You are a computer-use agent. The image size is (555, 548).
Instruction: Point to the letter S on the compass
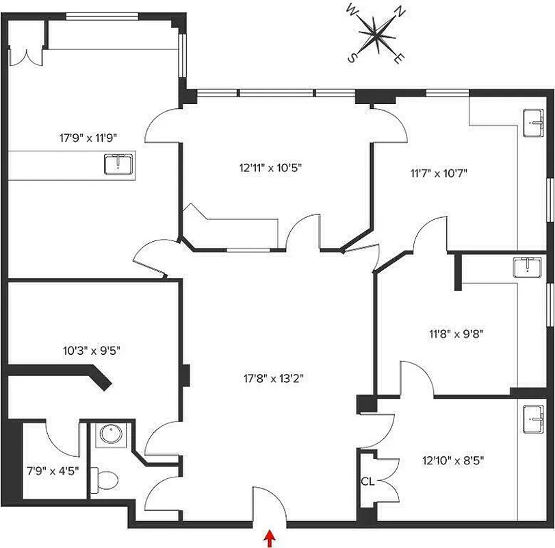click(352, 58)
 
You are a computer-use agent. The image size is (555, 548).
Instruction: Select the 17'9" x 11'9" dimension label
click(88, 137)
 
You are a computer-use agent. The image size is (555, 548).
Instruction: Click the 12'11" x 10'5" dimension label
click(271, 166)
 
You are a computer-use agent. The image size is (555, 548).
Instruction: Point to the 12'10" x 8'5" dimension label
click(453, 461)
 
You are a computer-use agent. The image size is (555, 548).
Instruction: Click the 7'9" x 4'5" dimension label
click(53, 471)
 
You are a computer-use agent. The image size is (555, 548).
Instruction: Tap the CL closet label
click(367, 482)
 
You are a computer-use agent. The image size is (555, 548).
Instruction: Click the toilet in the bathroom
click(104, 479)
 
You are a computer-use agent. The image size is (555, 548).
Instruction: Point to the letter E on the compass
click(398, 58)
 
